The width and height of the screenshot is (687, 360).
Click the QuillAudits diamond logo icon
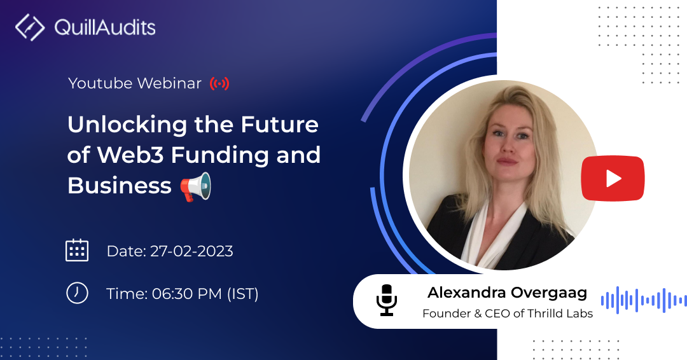[30, 27]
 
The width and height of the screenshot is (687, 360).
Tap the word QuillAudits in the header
[105, 27]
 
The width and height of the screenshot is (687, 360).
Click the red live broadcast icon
[219, 83]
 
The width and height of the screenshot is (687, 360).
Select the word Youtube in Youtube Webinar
[101, 83]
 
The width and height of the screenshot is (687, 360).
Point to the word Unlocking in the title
[127, 125]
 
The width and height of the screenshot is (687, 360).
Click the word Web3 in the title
[130, 155]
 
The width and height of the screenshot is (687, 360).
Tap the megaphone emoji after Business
[196, 186]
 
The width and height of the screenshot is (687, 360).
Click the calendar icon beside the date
[77, 251]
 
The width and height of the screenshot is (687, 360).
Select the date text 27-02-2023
[191, 251]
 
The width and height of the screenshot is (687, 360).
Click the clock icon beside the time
[77, 293]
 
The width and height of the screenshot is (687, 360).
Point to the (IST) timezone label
[243, 293]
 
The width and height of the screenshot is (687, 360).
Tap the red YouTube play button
[613, 178]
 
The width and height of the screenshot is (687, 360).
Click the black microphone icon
[387, 300]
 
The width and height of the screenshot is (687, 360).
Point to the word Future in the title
[279, 125]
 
